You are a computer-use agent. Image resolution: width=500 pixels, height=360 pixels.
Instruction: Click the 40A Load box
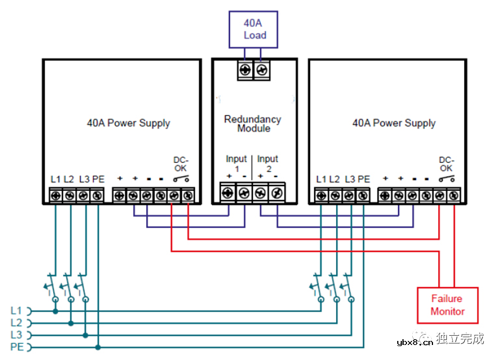coord(255,29)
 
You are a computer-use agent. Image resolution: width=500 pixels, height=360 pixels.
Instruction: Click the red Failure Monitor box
coord(447,305)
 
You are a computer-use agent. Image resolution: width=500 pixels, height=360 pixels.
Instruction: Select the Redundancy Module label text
coord(253,124)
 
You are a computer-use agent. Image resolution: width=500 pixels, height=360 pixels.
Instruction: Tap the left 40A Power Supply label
coord(128,123)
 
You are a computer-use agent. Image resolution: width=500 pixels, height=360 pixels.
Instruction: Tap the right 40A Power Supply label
coord(394,123)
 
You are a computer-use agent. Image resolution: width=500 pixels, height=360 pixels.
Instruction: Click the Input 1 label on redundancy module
coord(236,163)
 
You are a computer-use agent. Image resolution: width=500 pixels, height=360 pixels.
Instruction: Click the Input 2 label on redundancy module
coord(267,163)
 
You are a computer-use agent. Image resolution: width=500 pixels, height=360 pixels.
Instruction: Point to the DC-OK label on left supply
coord(181,164)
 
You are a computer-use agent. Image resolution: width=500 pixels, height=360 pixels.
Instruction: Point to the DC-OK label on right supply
coord(446,164)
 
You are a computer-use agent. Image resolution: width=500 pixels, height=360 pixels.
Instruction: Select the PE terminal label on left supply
coord(98,179)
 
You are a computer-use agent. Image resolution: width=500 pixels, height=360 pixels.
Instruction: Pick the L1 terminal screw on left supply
coord(56,196)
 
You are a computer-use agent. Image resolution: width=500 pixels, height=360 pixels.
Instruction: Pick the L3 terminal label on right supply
coord(349,179)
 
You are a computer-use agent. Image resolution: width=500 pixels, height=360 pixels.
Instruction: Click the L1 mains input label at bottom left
coord(16,310)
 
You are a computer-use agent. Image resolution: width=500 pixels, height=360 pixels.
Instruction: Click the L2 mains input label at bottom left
coord(16,322)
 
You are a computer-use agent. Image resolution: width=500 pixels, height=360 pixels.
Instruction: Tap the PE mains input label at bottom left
coord(16,347)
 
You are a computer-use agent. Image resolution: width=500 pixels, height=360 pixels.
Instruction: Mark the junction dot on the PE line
coord(98,347)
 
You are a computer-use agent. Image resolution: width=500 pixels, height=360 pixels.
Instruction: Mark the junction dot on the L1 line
coord(56,311)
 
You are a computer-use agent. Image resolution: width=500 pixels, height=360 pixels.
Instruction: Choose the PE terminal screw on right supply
coord(363,196)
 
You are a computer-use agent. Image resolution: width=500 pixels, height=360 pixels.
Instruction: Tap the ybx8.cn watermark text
coord(415,342)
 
